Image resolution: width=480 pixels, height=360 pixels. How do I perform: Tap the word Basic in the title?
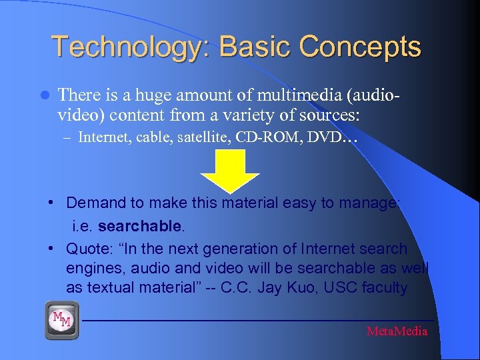[x=255, y=47]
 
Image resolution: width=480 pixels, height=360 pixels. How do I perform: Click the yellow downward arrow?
[x=230, y=171]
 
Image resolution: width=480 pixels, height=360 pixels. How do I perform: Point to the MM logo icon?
[x=62, y=321]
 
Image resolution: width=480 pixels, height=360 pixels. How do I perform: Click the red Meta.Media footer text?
[x=397, y=331]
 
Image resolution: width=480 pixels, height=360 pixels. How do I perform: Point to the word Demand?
[x=93, y=203]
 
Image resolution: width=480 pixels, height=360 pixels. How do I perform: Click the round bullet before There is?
[x=45, y=95]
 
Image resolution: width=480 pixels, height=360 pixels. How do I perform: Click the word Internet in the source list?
[x=101, y=138]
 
